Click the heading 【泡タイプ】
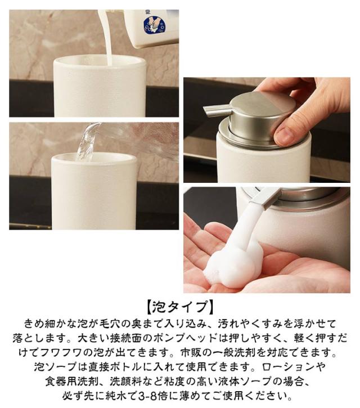[x=180, y=307]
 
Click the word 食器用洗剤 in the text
[x=72, y=382]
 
